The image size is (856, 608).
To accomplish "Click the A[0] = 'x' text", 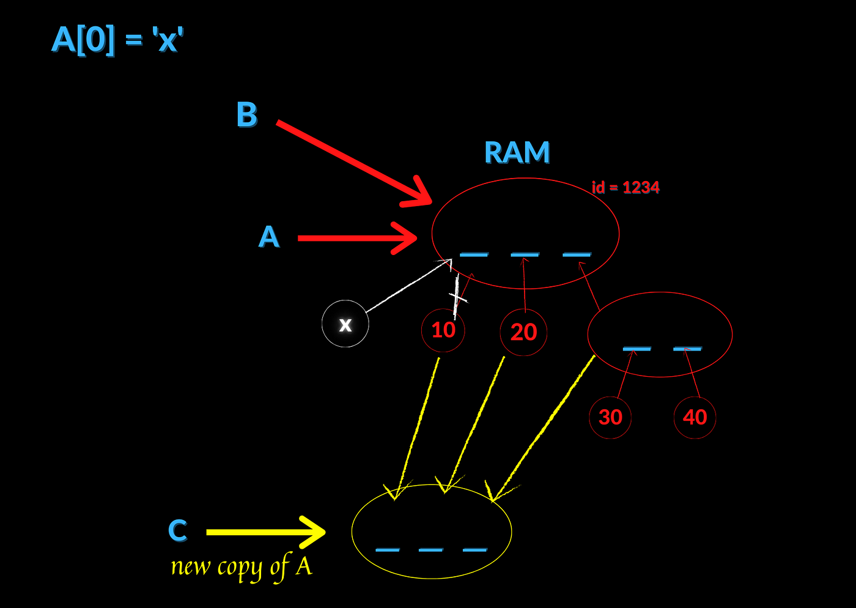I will [x=117, y=40].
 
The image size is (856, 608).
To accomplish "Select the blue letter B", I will [x=247, y=114].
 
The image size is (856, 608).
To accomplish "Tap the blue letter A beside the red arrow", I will [x=269, y=237].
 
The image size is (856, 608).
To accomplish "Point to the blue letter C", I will [x=177, y=530].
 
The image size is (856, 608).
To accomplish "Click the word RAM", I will [x=517, y=152].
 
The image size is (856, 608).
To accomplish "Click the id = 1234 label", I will [x=625, y=187].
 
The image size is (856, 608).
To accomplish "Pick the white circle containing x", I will [x=345, y=324].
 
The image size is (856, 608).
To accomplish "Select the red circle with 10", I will [x=443, y=330].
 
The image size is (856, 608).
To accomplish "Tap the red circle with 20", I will [x=524, y=332].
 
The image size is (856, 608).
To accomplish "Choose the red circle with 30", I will [x=610, y=417].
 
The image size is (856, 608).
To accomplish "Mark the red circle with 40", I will [x=695, y=417].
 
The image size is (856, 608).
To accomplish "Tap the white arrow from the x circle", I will [x=407, y=286].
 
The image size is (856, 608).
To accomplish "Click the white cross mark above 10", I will [x=457, y=297].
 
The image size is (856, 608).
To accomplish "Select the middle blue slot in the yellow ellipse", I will [x=430, y=550].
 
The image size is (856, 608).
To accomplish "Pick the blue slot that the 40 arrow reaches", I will [x=687, y=349].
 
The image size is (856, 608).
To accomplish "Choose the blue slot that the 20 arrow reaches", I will [x=525, y=254].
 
